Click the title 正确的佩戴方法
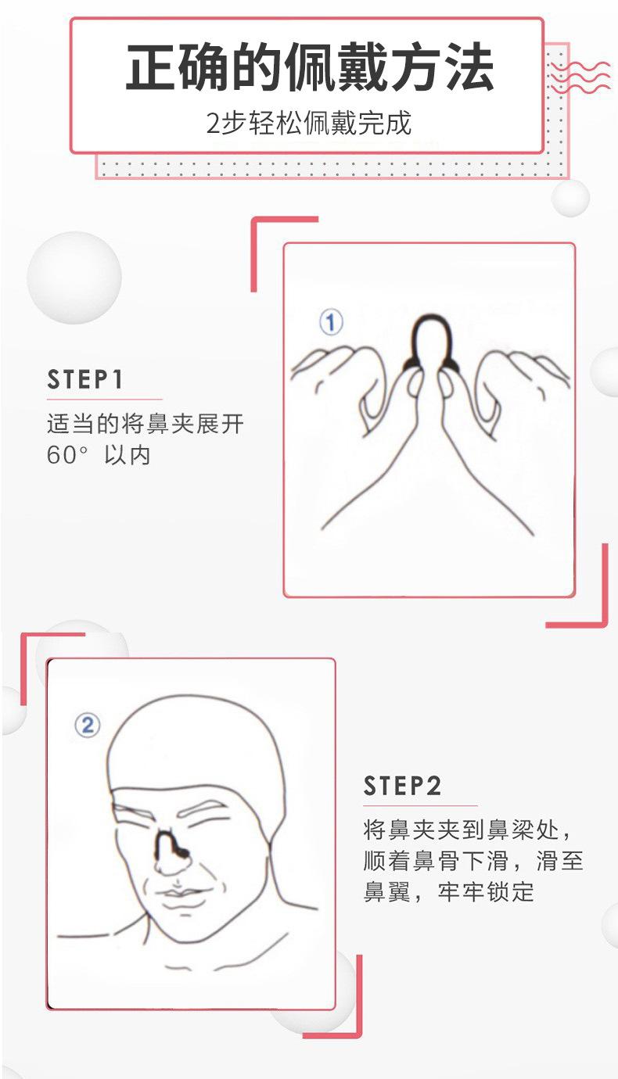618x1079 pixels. coord(309,69)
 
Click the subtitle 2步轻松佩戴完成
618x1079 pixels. coord(308,124)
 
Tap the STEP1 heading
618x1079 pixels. coord(85,380)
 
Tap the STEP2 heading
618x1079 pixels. coord(403,786)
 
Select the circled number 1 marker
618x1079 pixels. coord(331,322)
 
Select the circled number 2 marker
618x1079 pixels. coord(87,725)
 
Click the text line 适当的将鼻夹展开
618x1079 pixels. coord(145,425)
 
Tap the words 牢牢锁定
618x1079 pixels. coord(486,891)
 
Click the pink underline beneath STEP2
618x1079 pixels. coord(420,805)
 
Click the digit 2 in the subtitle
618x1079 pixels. coord(213,124)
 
